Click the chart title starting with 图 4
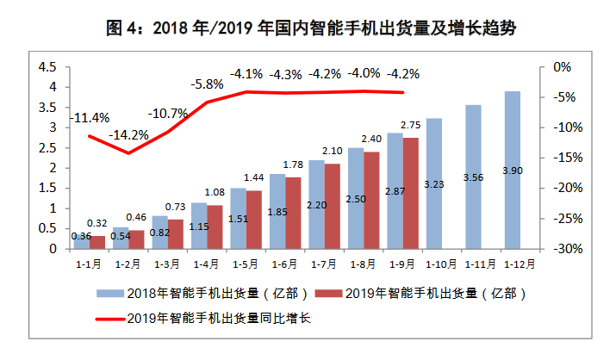click(x=308, y=28)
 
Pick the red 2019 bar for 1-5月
click(x=254, y=220)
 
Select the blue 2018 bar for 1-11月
click(x=473, y=177)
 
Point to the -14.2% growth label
click(x=129, y=134)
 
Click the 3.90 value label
click(x=512, y=196)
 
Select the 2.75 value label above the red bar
click(x=411, y=126)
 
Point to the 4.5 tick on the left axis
click(x=48, y=67)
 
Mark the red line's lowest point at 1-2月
click(x=129, y=153)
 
